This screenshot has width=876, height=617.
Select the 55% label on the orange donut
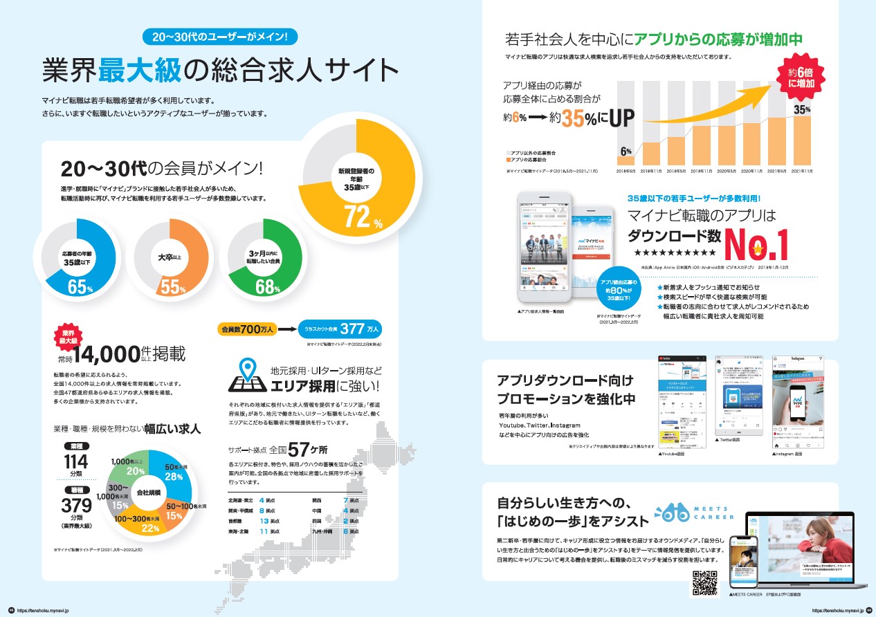click(x=171, y=286)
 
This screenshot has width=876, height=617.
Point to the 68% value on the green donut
click(x=265, y=286)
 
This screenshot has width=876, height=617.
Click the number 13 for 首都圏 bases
click(x=263, y=520)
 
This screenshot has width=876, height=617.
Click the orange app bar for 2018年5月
click(x=626, y=158)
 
